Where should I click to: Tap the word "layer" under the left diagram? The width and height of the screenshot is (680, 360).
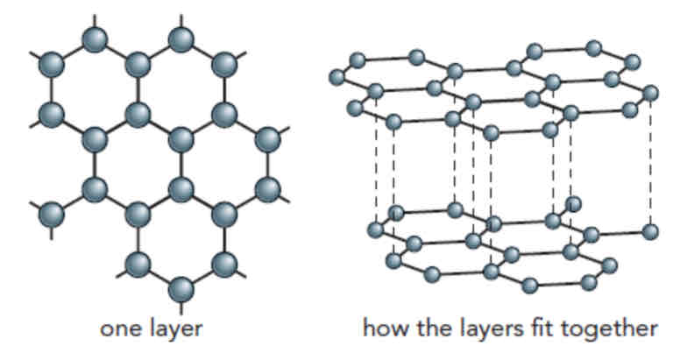pos(174,331)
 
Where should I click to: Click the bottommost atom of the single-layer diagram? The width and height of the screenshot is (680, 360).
pos(181,288)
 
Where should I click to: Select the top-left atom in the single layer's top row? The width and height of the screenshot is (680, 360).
pos(95,39)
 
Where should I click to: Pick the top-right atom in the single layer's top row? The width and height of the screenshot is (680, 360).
pos(181,39)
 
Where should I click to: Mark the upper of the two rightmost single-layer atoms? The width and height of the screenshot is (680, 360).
pos(269,138)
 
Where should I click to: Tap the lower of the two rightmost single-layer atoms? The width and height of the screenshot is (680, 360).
pos(269,187)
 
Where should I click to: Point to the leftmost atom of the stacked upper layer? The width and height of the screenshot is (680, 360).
pos(336,78)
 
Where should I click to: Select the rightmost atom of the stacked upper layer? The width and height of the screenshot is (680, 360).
pos(650,92)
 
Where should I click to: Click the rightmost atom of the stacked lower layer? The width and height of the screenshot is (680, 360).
pos(650,230)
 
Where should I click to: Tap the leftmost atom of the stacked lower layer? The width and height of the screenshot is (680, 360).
pos(376,229)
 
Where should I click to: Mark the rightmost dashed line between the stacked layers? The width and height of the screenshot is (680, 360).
pos(650,161)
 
